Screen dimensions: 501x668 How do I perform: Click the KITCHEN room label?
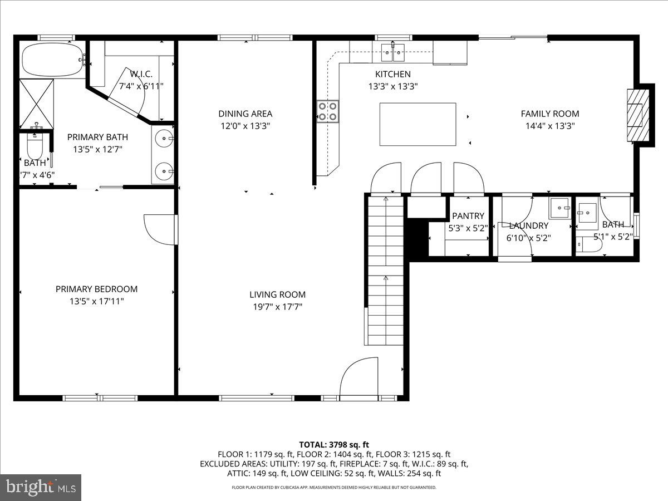[x=392, y=74]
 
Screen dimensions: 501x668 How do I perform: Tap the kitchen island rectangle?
[x=417, y=124]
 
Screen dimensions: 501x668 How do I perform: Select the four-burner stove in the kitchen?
[x=327, y=110]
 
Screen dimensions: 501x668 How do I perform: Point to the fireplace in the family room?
[x=635, y=115]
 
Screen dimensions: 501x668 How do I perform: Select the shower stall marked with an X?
[x=37, y=104]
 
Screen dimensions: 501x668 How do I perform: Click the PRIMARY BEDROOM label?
[x=96, y=289]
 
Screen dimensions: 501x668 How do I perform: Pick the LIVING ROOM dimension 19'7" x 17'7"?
[x=277, y=307]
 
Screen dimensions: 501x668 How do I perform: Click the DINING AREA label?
[x=245, y=114]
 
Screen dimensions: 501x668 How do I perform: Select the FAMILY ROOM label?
[x=550, y=114]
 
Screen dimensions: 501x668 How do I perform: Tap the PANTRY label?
[x=468, y=216]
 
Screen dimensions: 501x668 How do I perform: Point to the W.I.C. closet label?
[x=141, y=74]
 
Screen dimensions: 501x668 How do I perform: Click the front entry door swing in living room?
[x=358, y=378]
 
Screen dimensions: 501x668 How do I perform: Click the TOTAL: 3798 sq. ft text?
[x=334, y=444]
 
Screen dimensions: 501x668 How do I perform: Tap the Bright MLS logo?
[x=41, y=487]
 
